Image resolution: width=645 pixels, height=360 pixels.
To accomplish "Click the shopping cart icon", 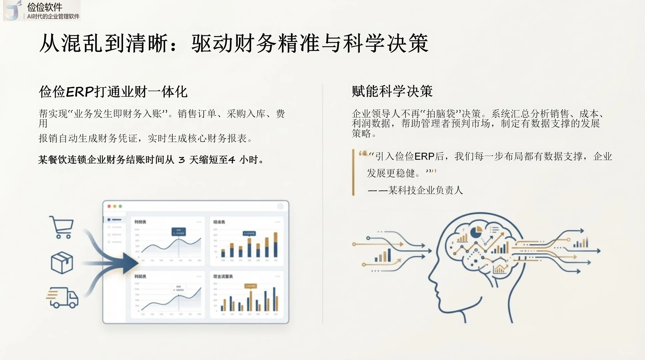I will [62, 227].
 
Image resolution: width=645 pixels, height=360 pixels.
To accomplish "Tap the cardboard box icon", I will [62, 263].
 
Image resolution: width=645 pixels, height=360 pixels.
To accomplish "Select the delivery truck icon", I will [62, 297].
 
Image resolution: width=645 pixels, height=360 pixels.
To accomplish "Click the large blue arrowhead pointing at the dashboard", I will [130, 263].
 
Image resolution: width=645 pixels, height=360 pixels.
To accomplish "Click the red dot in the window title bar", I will [109, 206].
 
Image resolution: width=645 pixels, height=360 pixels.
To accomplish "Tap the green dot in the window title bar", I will [120, 206].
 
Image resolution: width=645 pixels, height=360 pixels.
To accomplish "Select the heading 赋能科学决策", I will [392, 91].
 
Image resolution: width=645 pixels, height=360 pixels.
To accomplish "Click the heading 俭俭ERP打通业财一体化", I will [113, 92].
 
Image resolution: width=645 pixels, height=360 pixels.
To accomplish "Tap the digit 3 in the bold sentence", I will [181, 160].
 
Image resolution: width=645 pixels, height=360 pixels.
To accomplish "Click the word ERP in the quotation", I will [424, 156].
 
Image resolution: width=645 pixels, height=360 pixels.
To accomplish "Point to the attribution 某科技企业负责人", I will [425, 190].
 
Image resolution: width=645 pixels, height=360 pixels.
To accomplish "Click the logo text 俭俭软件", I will [45, 7].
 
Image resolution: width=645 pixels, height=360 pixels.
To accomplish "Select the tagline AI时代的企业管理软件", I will [53, 16].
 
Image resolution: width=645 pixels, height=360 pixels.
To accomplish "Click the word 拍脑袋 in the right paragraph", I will [442, 114].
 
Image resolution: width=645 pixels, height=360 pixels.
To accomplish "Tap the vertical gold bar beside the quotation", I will [353, 172].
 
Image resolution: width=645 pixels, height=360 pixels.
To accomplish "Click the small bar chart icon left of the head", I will [383, 256].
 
